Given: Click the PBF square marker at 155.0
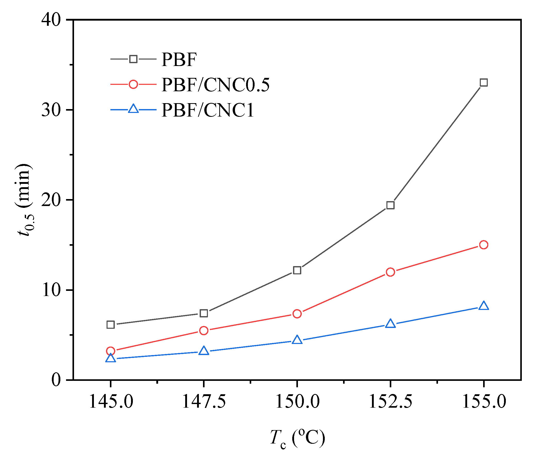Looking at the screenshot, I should (483, 83).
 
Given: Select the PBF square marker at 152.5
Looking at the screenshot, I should (390, 205).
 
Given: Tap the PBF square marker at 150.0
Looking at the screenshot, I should (297, 270).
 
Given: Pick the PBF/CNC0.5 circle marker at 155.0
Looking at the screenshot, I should (483, 245).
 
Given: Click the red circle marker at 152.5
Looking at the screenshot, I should (390, 272).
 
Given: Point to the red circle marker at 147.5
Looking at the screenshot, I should (204, 331).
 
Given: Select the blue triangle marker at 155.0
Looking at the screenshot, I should (483, 306).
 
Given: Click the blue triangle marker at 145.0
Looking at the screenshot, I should (111, 358).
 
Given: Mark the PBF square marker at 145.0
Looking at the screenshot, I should (111, 325).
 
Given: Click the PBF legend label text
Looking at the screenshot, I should (179, 60).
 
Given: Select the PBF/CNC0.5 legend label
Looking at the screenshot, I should (215, 85).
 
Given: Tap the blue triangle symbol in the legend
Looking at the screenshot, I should (133, 109).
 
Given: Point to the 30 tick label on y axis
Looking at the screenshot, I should (51, 110).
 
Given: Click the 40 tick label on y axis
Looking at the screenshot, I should (51, 20).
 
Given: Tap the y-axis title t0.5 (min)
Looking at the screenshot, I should (24, 200).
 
